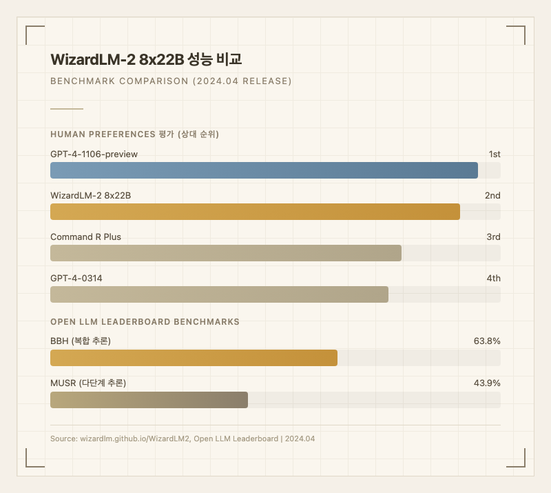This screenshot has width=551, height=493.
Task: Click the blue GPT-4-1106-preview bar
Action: coord(264,170)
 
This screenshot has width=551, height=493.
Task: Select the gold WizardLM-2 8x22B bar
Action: coord(255,212)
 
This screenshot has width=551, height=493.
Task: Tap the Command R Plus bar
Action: coord(226,253)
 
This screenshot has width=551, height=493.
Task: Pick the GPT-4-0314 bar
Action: coord(219,294)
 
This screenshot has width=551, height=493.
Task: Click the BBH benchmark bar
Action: coord(194,358)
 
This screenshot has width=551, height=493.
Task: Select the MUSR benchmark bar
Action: coord(149,400)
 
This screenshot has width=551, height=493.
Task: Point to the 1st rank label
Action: coord(495,154)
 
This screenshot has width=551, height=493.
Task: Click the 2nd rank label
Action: coord(492,195)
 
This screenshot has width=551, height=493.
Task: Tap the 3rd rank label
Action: coord(493,237)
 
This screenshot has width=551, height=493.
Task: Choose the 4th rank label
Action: coord(493,278)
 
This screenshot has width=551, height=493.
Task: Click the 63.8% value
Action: coord(487,341)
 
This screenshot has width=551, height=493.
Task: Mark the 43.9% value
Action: coord(487,383)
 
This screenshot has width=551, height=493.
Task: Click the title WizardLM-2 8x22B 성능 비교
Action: coord(146,59)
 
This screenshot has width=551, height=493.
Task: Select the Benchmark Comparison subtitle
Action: coord(171,81)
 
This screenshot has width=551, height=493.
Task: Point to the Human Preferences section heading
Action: coord(134,134)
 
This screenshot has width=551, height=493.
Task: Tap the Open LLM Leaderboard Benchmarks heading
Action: coord(145,321)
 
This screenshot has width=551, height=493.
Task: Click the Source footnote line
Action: coord(183,439)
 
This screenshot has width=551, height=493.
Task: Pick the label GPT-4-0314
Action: coord(76,278)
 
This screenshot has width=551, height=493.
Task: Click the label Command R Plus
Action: coord(85,237)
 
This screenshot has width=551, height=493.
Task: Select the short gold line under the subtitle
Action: coord(67,108)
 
